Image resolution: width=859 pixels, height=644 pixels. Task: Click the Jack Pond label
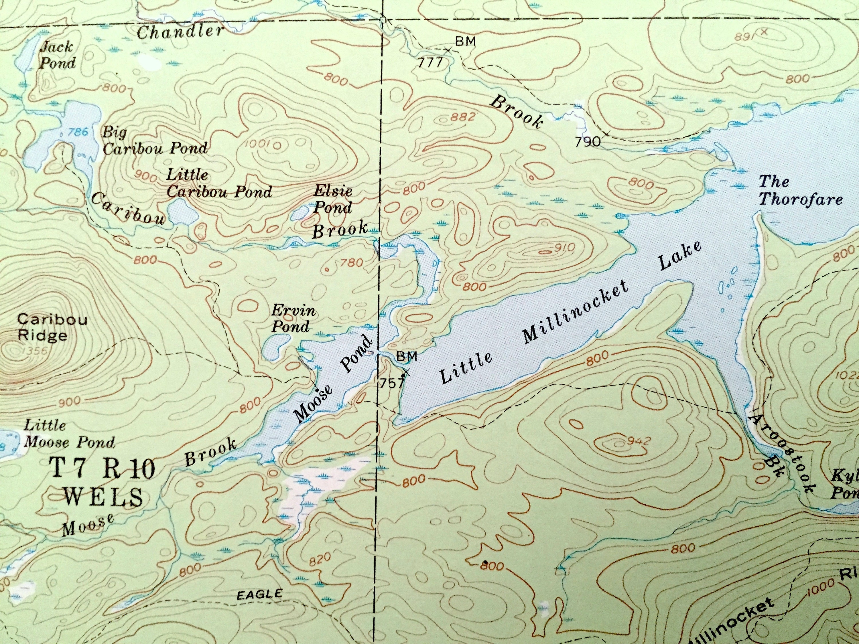click(57, 55)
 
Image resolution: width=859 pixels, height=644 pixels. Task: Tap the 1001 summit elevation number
click(257, 144)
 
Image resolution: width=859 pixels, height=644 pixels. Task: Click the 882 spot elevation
click(463, 117)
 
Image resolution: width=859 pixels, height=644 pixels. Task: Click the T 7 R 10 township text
click(103, 469)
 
